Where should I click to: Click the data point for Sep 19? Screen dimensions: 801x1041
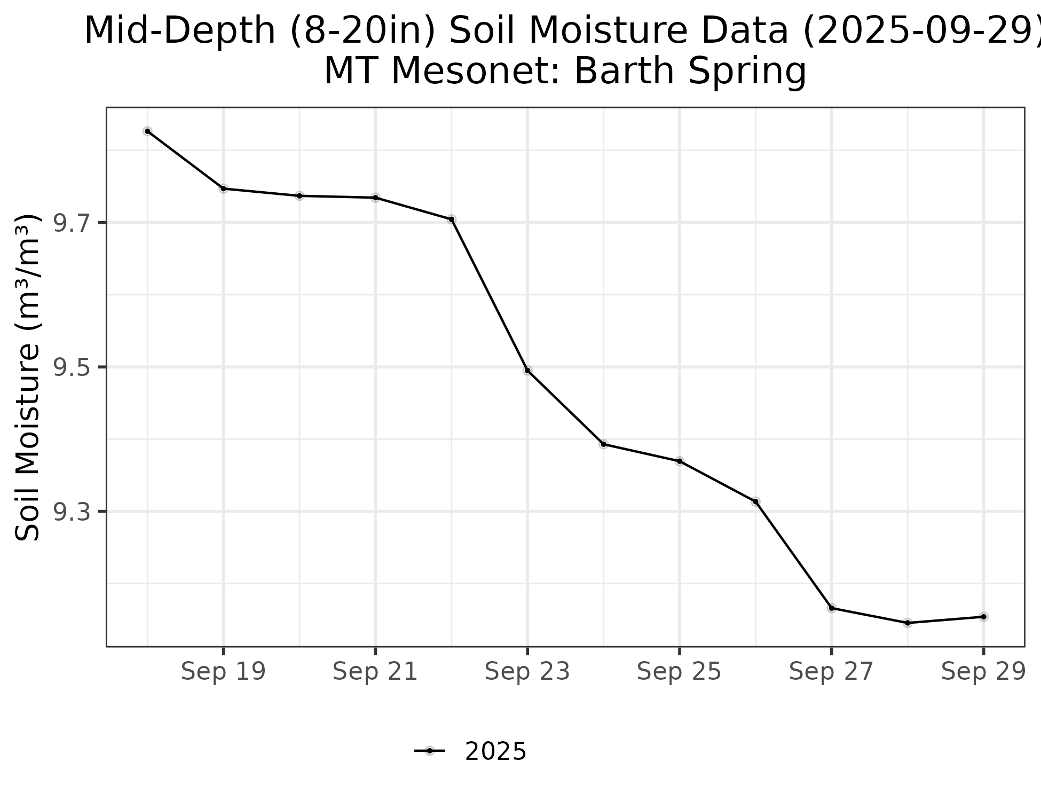[x=224, y=189]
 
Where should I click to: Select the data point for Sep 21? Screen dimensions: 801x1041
[x=376, y=198]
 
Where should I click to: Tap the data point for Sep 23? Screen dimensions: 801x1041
[x=527, y=371]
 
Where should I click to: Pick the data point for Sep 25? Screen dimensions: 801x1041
[x=680, y=461]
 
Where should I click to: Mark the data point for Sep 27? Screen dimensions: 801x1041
[x=832, y=608]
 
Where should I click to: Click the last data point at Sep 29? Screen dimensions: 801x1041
[x=983, y=617]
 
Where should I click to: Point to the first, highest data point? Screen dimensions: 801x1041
[x=148, y=131]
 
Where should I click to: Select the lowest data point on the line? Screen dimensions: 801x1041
[x=908, y=623]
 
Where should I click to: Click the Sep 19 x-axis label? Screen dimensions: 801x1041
[x=223, y=672]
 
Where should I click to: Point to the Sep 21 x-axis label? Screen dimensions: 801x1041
[x=375, y=672]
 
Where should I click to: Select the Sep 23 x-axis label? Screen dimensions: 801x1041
[x=527, y=672]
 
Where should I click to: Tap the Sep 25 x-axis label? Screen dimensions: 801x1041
[x=679, y=672]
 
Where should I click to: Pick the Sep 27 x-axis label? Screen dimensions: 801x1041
[x=831, y=672]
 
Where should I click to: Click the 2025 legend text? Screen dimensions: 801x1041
[x=496, y=752]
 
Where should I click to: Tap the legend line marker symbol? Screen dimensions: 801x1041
[x=430, y=751]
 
